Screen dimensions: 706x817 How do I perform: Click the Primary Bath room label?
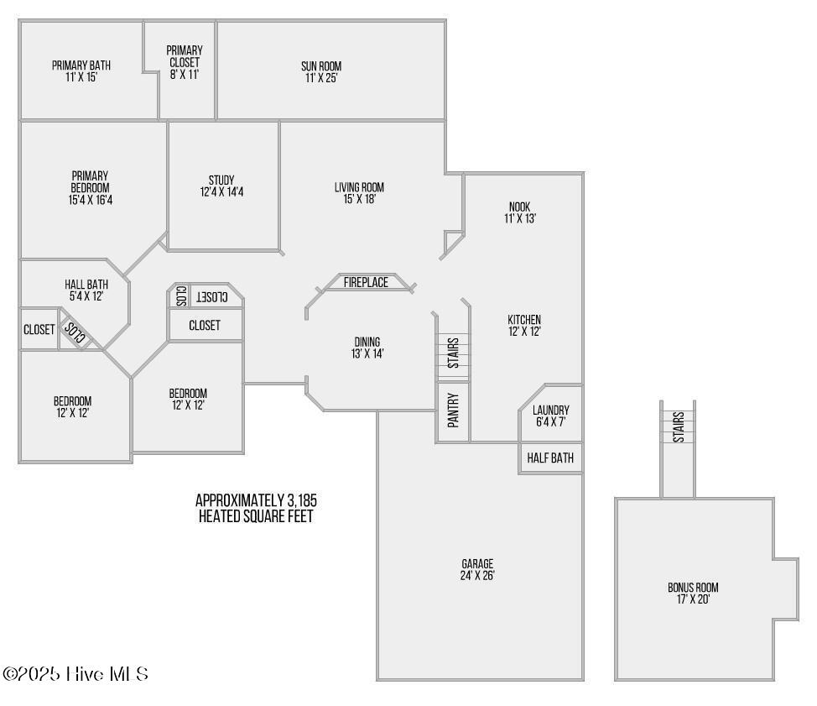coord(81,71)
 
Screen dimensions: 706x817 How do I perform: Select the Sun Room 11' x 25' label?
coord(321,72)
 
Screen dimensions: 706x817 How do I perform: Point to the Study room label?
coord(221,186)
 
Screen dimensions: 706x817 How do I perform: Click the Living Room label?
coord(359,193)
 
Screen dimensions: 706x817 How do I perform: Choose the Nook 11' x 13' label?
coord(520,212)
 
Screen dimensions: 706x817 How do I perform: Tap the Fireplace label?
coord(366,283)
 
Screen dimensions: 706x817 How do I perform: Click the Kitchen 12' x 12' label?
coord(524,325)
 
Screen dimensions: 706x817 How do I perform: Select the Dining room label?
coord(367,348)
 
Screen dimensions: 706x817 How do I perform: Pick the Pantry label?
coord(453,411)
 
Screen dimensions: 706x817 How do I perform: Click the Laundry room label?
coord(550,416)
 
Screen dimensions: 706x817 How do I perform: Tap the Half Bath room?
coord(550,458)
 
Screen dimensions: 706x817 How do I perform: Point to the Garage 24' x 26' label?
coord(477,569)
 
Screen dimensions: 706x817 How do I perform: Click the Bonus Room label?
coord(693,594)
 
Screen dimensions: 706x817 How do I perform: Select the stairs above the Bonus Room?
coord(678,426)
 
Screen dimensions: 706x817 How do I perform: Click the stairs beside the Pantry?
coord(453,353)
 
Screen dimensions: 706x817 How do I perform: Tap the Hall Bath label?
coord(86,290)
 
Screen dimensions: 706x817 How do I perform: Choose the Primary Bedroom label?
coord(90,188)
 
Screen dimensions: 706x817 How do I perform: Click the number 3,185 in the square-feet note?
coord(299,501)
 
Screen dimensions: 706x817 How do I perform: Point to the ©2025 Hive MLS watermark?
coord(76,673)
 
